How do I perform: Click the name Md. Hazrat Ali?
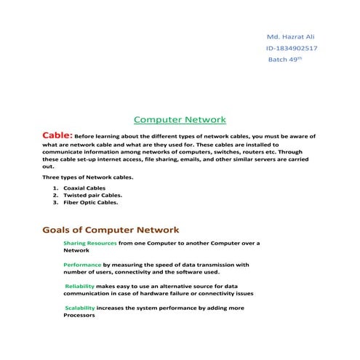pos(291,36)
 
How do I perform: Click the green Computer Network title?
pos(181,120)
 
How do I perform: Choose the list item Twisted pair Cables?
pos(92,195)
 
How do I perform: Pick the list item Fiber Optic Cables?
pos(90,203)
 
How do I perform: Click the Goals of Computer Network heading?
pos(111,229)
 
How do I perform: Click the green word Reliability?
pos(80,287)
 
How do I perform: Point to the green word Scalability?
pos(80,309)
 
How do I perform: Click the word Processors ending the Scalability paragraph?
pos(79,316)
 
